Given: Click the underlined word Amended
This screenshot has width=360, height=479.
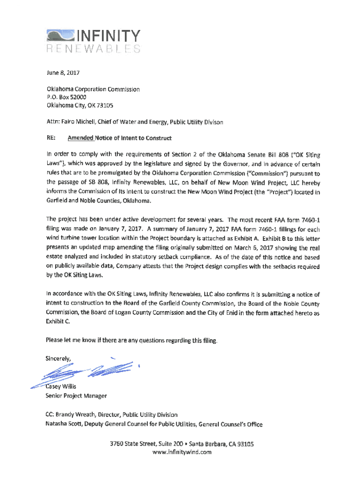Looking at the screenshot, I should click(80, 138).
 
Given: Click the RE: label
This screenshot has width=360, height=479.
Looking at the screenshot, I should click(50, 138).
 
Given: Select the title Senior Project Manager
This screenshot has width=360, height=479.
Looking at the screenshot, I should click(76, 396).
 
